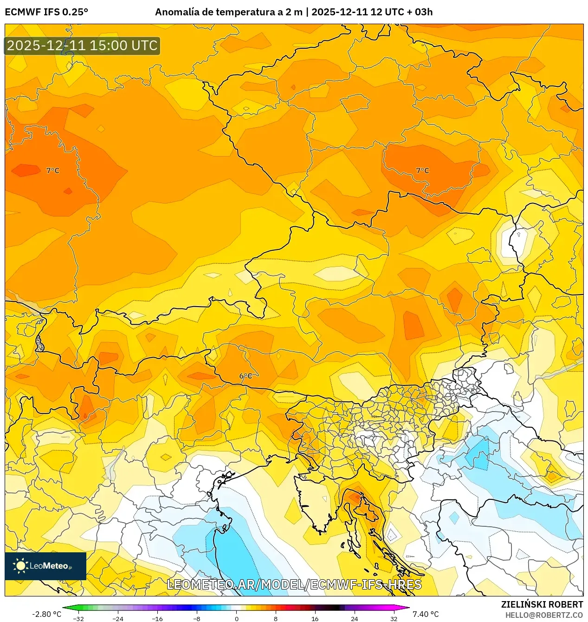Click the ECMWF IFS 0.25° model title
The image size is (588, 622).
[x=46, y=12]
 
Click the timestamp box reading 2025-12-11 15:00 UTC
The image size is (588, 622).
[x=82, y=46]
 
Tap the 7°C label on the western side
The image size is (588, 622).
[x=53, y=171]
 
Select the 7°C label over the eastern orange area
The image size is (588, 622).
[x=422, y=171]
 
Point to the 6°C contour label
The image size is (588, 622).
[x=246, y=376]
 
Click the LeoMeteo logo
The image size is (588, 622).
[x=45, y=566]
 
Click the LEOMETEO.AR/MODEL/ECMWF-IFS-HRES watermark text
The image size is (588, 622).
[x=294, y=584]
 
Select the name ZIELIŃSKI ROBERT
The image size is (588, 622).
[x=542, y=604]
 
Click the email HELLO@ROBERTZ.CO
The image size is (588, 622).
[x=544, y=615]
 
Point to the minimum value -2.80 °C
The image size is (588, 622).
[x=46, y=614]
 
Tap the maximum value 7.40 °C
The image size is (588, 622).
[x=425, y=614]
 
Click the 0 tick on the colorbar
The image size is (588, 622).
[x=236, y=618]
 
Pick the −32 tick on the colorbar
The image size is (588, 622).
[x=78, y=618]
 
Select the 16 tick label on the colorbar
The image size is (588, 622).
[x=315, y=618]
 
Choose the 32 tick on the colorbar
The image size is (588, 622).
[x=394, y=618]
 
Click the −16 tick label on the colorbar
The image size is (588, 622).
[x=157, y=618]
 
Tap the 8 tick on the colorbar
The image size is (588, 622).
[x=276, y=618]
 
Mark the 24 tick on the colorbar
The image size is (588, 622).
[x=355, y=618]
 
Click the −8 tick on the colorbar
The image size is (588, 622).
[x=197, y=618]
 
